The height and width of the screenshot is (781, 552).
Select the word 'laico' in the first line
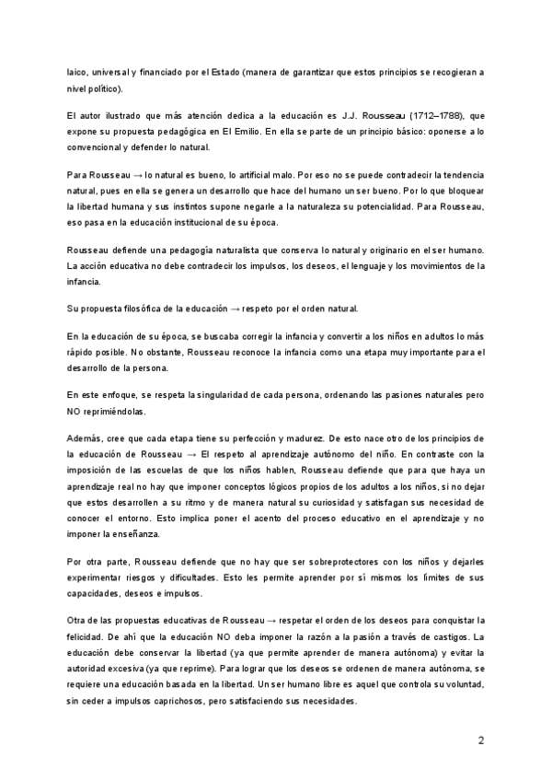click(x=78, y=71)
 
